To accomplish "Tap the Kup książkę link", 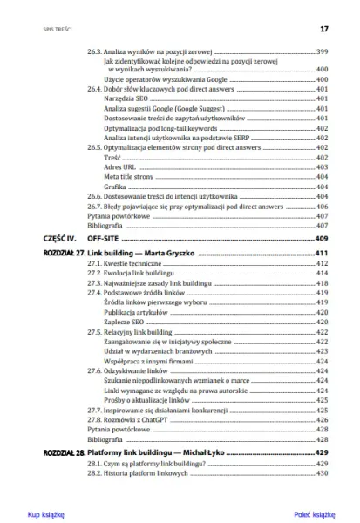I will (45, 514).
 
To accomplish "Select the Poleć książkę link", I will (315, 514).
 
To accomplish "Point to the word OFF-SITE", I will (103, 238).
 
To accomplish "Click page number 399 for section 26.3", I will (322, 52).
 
